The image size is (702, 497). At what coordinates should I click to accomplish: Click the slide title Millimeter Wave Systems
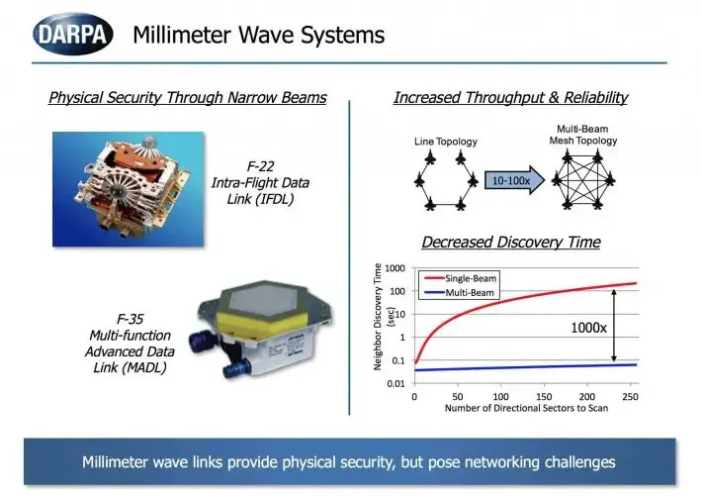(258, 36)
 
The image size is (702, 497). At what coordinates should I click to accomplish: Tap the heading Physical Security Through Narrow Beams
(188, 98)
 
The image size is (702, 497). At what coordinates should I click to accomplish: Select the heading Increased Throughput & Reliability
(510, 98)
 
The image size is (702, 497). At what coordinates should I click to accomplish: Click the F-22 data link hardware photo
(127, 188)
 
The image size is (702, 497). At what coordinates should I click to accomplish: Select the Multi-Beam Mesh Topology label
(583, 136)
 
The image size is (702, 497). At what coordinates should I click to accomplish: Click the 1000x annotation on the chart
(589, 327)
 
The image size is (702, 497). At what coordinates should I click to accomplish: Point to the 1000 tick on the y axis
(395, 267)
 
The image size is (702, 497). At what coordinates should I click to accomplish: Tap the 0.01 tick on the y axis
(396, 383)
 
